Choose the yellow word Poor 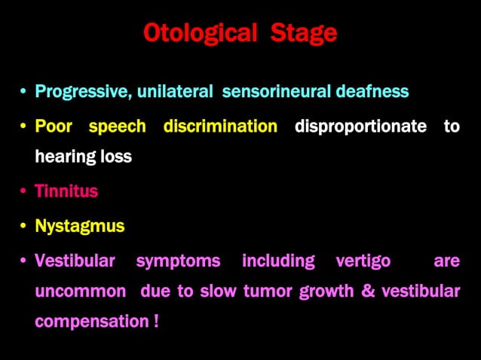[54, 127]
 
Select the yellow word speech [117, 127]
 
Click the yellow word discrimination [220, 127]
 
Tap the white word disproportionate [360, 127]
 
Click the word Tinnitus [66, 191]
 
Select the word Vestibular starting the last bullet [75, 261]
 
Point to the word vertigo [363, 261]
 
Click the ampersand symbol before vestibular [369, 291]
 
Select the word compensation [92, 322]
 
